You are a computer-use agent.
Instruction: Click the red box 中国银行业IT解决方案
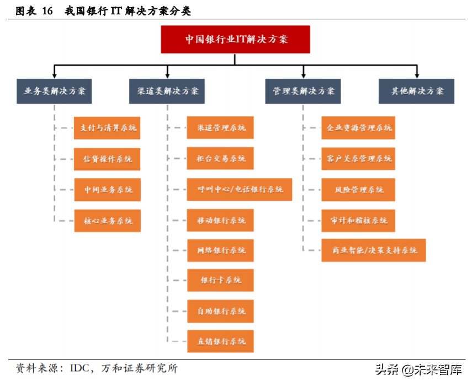pos(236,39)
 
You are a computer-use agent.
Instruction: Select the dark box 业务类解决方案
pos(54,92)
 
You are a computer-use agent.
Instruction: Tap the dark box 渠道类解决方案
pos(167,92)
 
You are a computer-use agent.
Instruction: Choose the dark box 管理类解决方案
pos(303,92)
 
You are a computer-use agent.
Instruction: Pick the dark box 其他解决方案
pos(417,92)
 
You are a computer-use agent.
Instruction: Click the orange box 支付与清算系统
pos(107,128)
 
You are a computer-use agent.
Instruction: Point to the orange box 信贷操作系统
pos(107,159)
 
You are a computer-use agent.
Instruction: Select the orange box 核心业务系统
pos(107,221)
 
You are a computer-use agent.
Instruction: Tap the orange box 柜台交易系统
pos(220,159)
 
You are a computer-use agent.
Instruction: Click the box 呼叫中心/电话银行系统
pos(240,189)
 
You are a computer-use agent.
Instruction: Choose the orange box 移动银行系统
pos(220,221)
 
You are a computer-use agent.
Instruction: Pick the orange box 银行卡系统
pos(220,280)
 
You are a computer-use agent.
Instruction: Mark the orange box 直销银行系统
pos(220,341)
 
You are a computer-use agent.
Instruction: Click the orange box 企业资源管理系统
pos(358,128)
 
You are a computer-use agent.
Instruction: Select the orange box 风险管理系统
pos(358,189)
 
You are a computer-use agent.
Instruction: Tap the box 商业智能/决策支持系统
pos(374,250)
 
